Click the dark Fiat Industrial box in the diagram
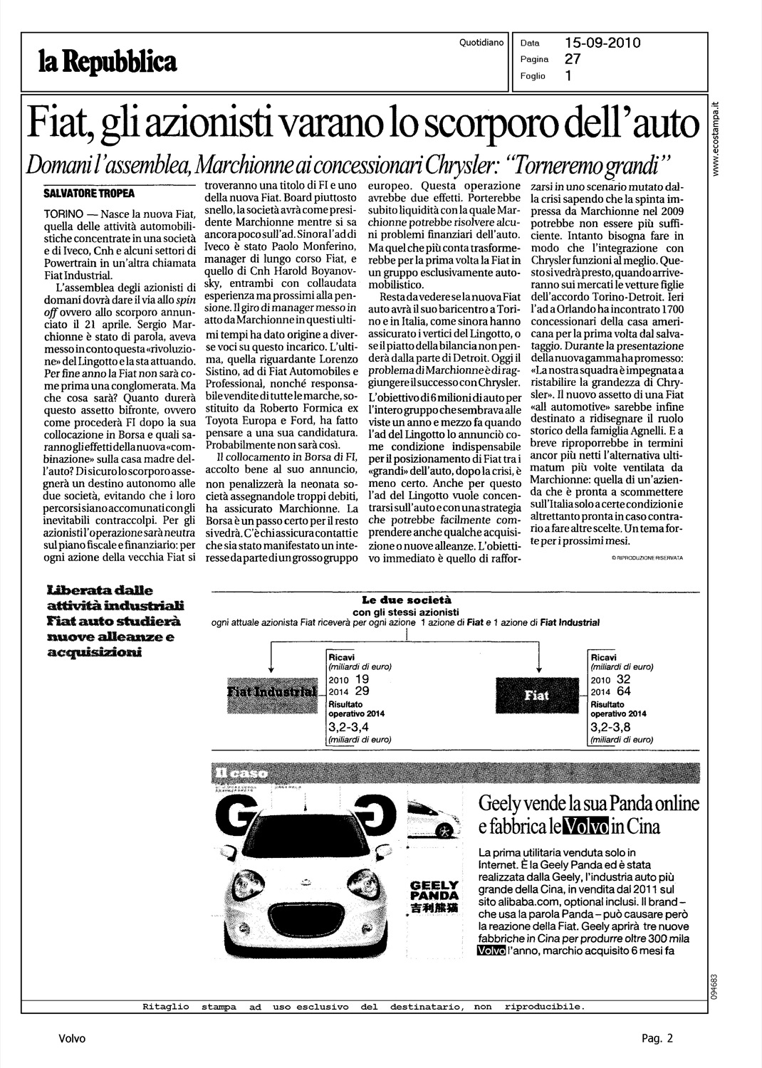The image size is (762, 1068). [272, 692]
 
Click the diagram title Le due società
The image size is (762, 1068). [407, 600]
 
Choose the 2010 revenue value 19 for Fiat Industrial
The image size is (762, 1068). [362, 679]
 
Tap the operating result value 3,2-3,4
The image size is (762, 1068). [349, 728]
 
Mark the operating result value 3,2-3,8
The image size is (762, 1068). [611, 728]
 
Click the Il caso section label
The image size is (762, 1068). [230, 773]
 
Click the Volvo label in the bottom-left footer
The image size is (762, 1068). [71, 1039]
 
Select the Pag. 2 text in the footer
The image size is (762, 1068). [656, 1039]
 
